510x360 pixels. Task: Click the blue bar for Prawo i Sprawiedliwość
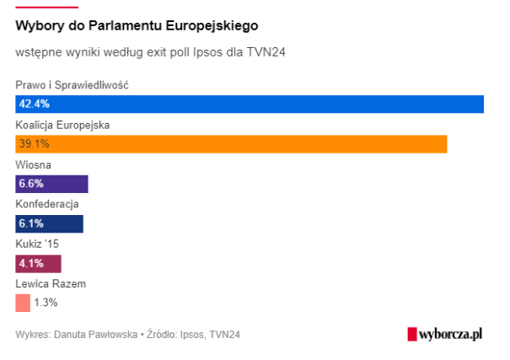[x=253, y=105]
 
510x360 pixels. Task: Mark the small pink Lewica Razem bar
[x=23, y=303]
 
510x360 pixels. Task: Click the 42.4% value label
[x=35, y=105]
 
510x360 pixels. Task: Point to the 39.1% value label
[x=35, y=144]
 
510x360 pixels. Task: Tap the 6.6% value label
[x=31, y=184]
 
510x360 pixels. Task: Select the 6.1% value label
[x=31, y=223]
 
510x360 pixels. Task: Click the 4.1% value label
[x=31, y=263]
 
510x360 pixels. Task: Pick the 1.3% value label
[x=46, y=303]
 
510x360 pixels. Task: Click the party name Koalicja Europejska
[x=63, y=125]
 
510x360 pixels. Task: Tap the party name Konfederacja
[x=47, y=204]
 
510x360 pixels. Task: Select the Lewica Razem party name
[x=51, y=283]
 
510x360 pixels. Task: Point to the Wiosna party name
[x=33, y=164]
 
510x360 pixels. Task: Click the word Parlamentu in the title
[x=129, y=25]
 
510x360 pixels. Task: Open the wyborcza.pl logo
[x=444, y=334]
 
